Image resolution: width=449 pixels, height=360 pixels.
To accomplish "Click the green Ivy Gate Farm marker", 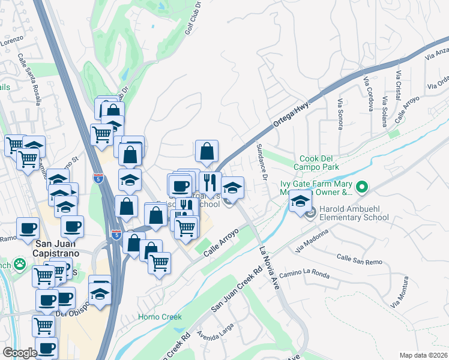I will pyautogui.click(x=361, y=188).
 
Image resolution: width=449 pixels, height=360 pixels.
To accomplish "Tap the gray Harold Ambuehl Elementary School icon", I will pyautogui.click(x=310, y=213).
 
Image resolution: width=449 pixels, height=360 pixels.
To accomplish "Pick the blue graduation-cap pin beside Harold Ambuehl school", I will pyautogui.click(x=300, y=201).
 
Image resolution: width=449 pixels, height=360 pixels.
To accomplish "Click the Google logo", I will pyautogui.click(x=20, y=353).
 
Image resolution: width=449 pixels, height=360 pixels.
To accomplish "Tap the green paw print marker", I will pyautogui.click(x=20, y=263).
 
